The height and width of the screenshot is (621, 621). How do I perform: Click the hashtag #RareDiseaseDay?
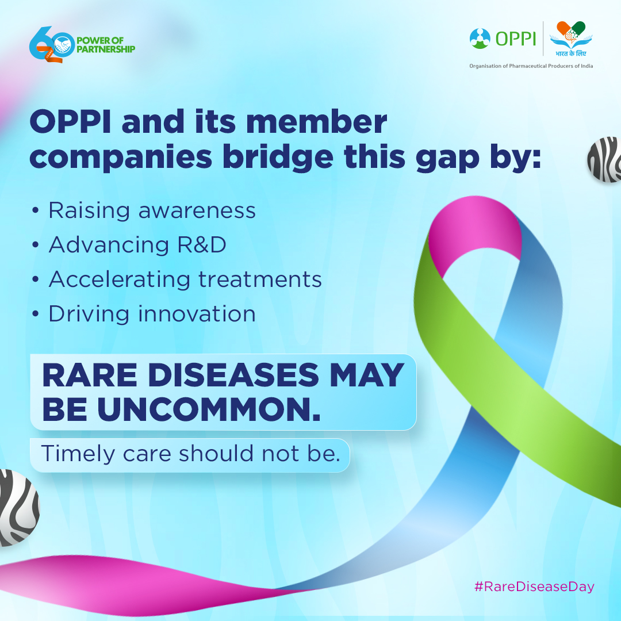[x=534, y=586]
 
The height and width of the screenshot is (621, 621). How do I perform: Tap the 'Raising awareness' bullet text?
[x=152, y=210]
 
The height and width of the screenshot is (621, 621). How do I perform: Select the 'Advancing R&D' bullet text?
[x=137, y=245]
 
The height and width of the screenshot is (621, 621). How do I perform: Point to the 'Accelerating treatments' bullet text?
[x=185, y=279]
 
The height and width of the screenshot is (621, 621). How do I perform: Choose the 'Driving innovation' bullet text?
[x=152, y=314]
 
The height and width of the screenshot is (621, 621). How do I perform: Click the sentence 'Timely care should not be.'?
[x=189, y=453]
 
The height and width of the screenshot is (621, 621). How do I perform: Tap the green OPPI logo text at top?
[x=515, y=38]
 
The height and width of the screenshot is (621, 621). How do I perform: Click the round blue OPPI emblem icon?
[x=480, y=38]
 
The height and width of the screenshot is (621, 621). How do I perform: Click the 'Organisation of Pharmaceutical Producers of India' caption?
[x=531, y=66]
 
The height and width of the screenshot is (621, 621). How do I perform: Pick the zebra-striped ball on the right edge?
[x=605, y=160]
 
